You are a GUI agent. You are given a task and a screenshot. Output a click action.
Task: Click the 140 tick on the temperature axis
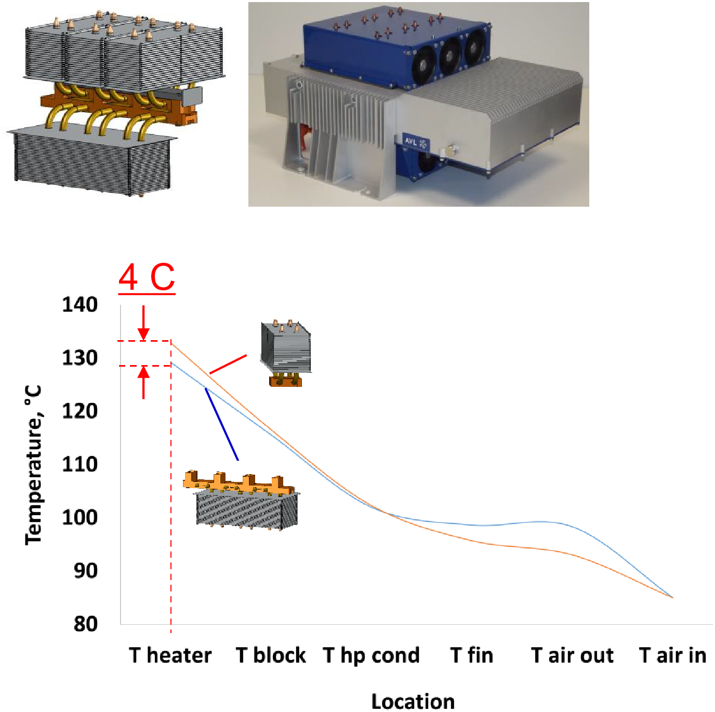coord(80,305)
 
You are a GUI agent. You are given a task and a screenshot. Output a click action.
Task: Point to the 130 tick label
coord(80,358)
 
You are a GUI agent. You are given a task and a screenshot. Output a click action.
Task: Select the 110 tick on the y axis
coord(80,464)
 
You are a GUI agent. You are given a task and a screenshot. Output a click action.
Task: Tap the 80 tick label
coord(86,624)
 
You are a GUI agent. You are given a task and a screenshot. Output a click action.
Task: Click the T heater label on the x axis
coord(170,655)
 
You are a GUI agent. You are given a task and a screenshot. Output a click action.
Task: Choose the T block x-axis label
coord(271,655)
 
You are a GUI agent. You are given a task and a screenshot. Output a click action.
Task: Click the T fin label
coord(472,655)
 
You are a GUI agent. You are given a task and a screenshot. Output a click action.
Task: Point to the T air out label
coord(572,655)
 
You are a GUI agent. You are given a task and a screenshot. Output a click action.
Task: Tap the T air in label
coord(672,655)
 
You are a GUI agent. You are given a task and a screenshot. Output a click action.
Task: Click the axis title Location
coord(413,702)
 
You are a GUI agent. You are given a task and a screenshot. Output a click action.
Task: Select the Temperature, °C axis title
coord(33,465)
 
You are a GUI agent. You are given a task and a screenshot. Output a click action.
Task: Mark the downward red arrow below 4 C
coord(143,323)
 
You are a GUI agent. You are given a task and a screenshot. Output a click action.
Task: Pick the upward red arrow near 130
coord(143,382)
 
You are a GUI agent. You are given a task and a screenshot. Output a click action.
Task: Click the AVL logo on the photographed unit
coord(416,142)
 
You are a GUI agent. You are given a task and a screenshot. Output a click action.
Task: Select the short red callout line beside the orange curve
coord(228,364)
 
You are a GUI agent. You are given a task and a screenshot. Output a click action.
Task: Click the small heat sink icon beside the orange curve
coord(286,353)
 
